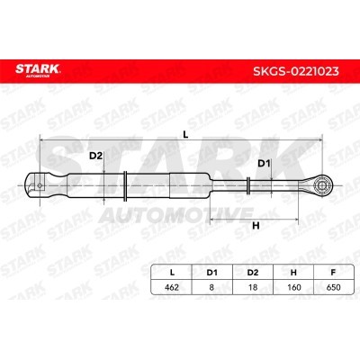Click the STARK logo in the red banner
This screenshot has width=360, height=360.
point(38,70)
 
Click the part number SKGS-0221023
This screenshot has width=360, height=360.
point(296,71)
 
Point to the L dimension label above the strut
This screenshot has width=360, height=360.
point(185,135)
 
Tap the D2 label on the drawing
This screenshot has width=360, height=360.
point(95,156)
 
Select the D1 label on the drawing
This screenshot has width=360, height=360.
point(265,164)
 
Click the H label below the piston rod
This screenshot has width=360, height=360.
point(256,226)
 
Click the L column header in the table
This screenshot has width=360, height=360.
point(172,273)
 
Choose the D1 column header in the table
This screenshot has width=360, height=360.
point(211,273)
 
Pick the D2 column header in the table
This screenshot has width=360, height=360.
point(253,273)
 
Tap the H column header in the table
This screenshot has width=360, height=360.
point(293,273)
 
